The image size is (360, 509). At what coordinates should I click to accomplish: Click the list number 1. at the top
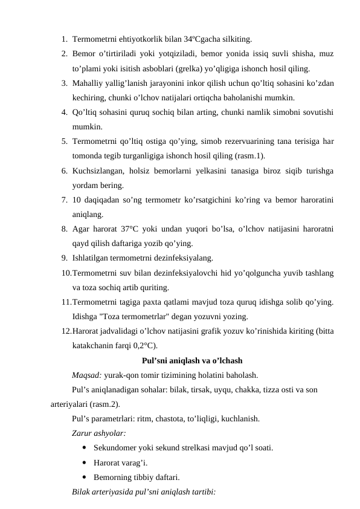pos(63,40)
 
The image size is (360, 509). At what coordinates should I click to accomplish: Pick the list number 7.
pos(63,199)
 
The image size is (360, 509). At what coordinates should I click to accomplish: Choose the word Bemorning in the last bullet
pos(112,477)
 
